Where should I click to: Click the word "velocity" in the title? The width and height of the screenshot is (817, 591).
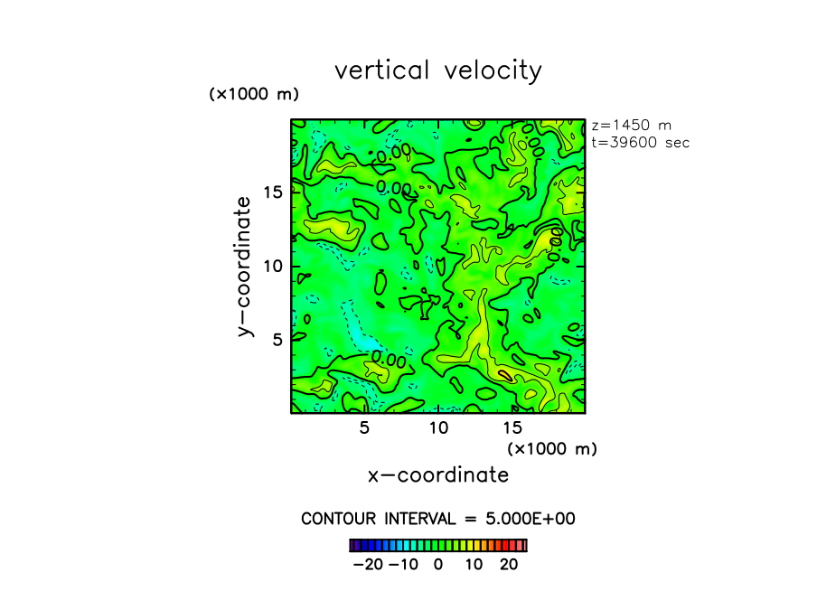point(493,71)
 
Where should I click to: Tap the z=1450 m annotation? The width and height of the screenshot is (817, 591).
point(631,126)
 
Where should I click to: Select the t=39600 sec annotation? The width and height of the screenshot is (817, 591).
point(640,142)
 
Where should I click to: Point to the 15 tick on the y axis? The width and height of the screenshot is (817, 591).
point(274,192)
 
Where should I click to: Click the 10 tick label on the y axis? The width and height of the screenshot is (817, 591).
point(274,266)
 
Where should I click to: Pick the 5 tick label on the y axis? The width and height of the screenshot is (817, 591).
point(277,339)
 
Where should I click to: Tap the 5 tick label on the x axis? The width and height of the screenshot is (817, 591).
point(364,427)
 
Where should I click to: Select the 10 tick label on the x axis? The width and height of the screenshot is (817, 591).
point(438,427)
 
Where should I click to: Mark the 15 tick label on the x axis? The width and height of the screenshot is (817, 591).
point(512,427)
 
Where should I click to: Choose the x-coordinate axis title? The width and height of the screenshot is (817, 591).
point(438,474)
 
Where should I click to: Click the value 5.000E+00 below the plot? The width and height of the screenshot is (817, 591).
point(533,519)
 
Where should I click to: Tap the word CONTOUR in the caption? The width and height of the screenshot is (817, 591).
point(337,519)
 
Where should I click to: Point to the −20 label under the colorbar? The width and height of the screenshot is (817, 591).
point(369,565)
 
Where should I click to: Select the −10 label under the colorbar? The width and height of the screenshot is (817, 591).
point(404,565)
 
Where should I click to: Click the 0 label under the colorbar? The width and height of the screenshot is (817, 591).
point(438,565)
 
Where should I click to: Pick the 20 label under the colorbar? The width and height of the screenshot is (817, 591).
point(510,565)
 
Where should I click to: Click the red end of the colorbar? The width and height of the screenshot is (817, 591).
point(519,545)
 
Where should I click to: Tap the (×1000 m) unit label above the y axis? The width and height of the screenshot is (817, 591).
point(254,94)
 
